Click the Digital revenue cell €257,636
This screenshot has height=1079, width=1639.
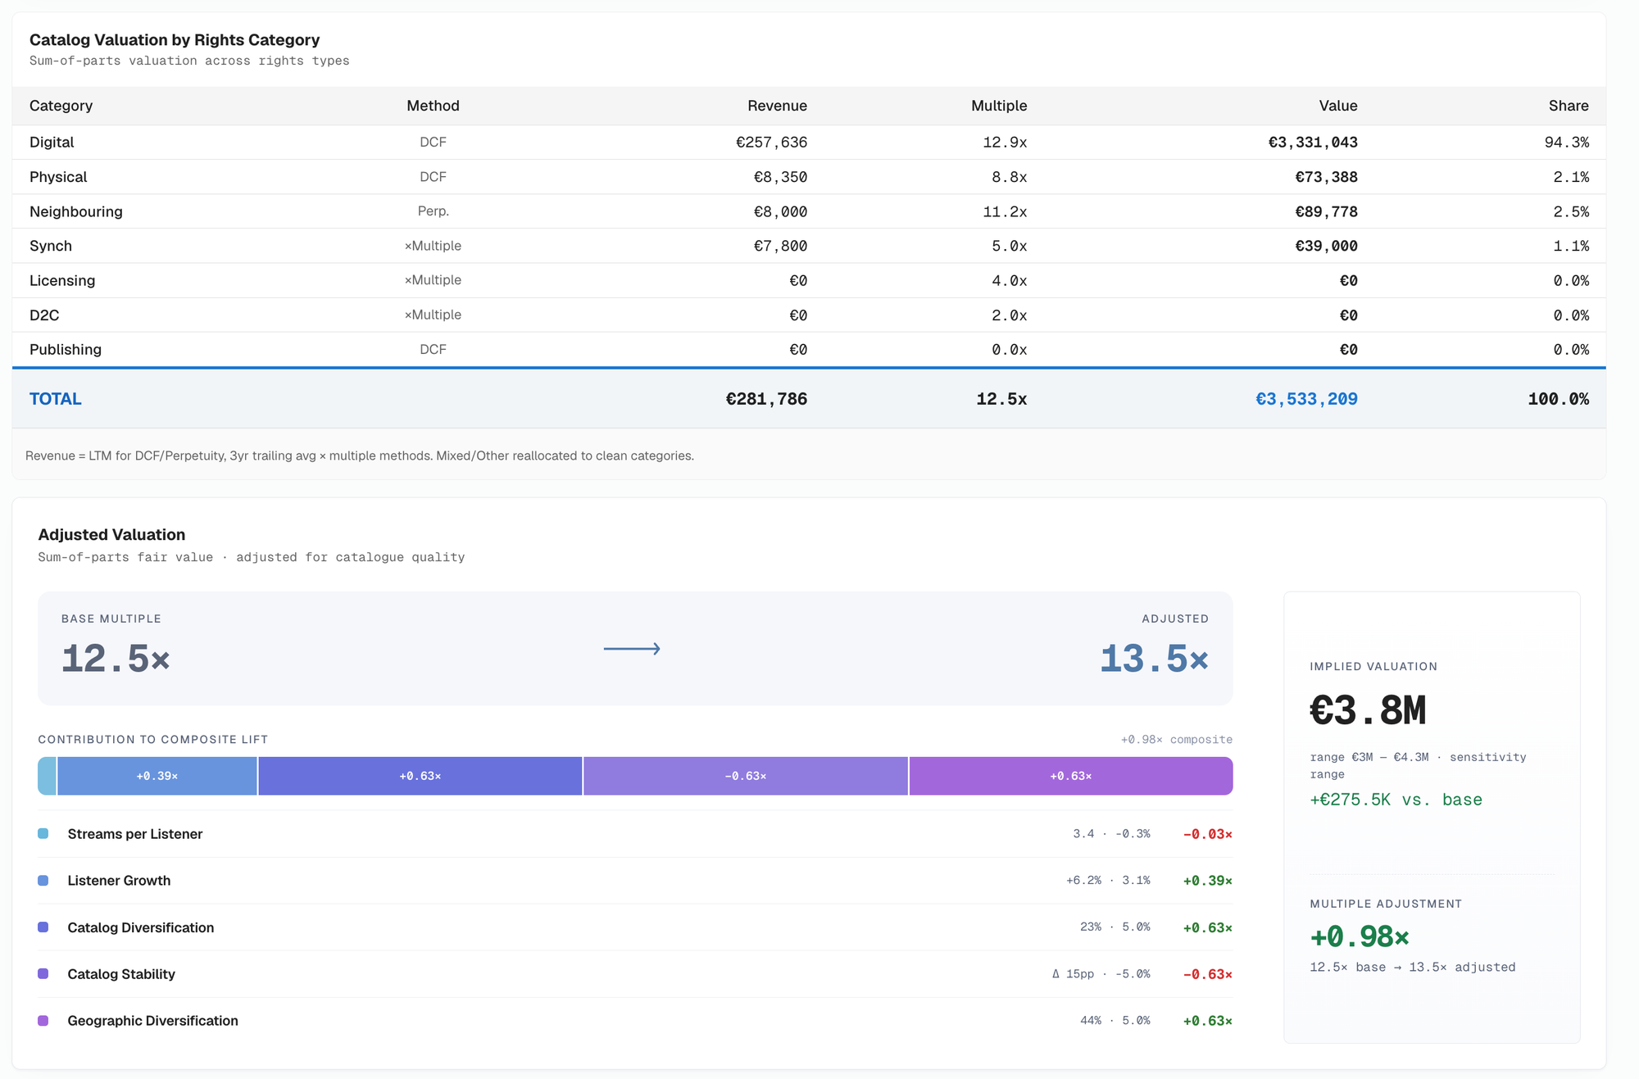[x=771, y=143]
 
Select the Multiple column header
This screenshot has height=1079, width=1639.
[x=999, y=106]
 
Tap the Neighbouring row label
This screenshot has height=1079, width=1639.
[x=76, y=211]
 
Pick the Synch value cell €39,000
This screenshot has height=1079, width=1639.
[x=1326, y=246]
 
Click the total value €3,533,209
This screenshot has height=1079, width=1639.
[x=1306, y=399]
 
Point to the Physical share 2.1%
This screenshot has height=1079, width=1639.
[x=1571, y=177]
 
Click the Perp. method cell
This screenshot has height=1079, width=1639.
[x=433, y=211]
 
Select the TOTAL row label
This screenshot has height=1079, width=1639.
[x=56, y=399]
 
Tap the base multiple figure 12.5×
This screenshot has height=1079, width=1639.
[x=116, y=659]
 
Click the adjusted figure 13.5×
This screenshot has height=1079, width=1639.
[x=1154, y=659]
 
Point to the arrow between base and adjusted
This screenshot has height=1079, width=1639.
[x=632, y=649]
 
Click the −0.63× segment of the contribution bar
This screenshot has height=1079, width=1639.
[x=746, y=776]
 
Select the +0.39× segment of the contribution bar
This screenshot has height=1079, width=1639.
[x=157, y=776]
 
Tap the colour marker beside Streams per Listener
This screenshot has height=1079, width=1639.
[x=43, y=833]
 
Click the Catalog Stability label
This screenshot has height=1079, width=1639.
[x=121, y=974]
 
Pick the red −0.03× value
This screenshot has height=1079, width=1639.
[x=1208, y=834]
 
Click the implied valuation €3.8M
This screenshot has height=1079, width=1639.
[x=1368, y=710]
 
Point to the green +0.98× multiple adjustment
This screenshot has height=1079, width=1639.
[x=1360, y=936]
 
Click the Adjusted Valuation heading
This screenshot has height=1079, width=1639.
[x=111, y=535]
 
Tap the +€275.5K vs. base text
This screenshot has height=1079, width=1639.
[x=1396, y=800]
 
